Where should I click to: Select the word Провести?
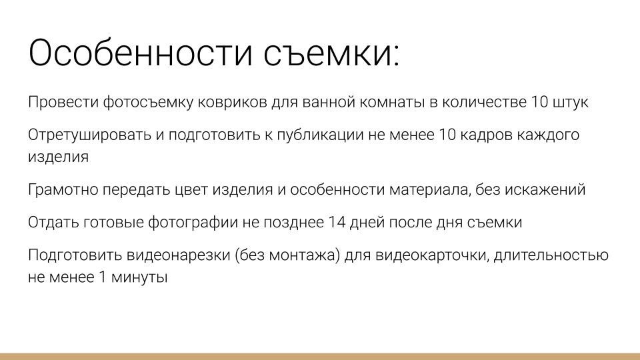[x=63, y=103]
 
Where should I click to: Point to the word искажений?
[x=543, y=189]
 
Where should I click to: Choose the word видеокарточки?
[x=427, y=255]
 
